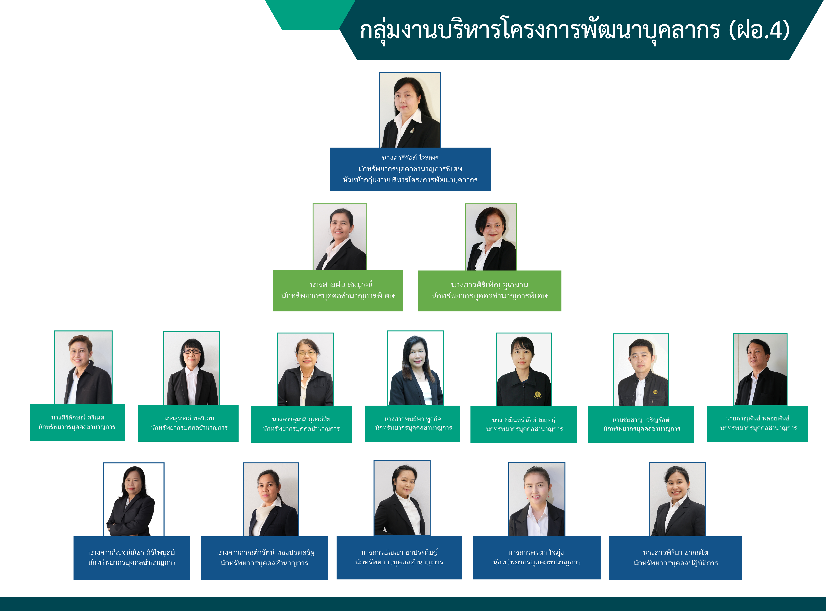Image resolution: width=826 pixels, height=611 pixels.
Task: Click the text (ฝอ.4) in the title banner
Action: tap(759, 30)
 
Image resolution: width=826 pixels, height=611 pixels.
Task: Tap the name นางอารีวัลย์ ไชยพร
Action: tap(410, 158)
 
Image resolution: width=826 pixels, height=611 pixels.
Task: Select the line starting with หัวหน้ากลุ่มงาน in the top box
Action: tap(410, 180)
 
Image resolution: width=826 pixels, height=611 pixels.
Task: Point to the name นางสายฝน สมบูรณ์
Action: tap(341, 284)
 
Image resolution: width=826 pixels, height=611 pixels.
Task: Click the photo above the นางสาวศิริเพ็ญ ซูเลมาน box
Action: tap(491, 237)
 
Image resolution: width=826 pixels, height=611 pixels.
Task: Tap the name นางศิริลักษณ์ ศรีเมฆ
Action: tap(78, 418)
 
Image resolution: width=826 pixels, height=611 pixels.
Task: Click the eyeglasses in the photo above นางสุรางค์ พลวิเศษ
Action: tap(192, 351)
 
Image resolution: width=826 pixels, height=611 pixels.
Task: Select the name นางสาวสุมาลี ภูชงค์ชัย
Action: tap(301, 419)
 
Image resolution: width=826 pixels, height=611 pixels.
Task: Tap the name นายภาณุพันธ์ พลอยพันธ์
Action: tap(757, 418)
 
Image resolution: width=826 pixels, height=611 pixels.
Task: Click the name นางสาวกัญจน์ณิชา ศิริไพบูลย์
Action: tap(131, 553)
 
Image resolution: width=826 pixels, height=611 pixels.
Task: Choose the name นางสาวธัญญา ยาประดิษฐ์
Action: tap(399, 552)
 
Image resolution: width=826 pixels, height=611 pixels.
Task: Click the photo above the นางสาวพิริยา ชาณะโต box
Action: tap(677, 499)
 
